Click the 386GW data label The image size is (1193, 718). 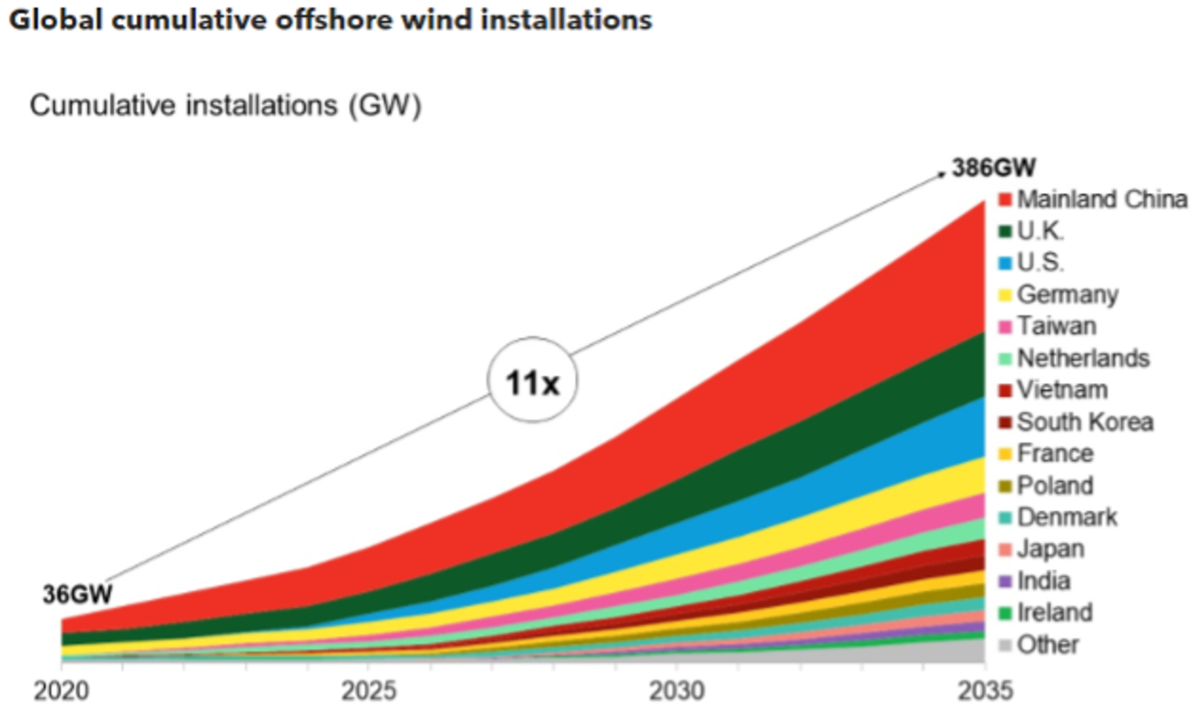993,168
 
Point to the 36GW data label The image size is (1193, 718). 77,594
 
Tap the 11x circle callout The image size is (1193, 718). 532,382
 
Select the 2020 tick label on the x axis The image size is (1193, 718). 60,690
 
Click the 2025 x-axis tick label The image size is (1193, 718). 368,690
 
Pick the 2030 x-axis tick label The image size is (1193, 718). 676,690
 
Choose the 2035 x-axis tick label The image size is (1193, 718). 985,690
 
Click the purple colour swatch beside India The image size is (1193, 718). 1005,581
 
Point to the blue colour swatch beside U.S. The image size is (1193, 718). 1005,263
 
